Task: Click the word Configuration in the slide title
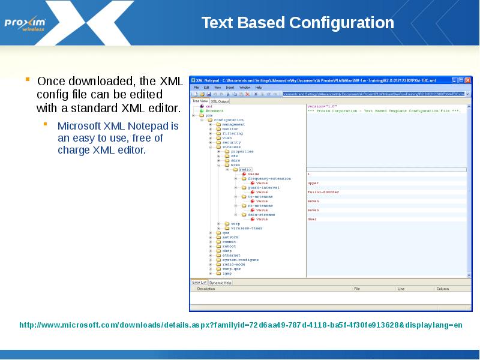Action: point(341,23)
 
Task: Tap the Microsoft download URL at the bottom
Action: point(241,325)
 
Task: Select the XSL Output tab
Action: point(219,101)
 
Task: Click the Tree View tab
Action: point(199,101)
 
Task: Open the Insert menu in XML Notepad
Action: point(230,87)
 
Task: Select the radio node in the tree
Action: point(245,170)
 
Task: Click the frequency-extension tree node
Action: point(269,179)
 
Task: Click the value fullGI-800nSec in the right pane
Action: point(323,192)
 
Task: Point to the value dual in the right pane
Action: point(312,219)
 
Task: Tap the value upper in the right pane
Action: point(313,183)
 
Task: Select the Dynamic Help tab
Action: point(220,282)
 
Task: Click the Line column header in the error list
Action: point(401,289)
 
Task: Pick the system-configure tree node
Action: point(240,260)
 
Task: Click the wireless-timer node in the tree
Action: point(247,228)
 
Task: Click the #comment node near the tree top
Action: point(214,111)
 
